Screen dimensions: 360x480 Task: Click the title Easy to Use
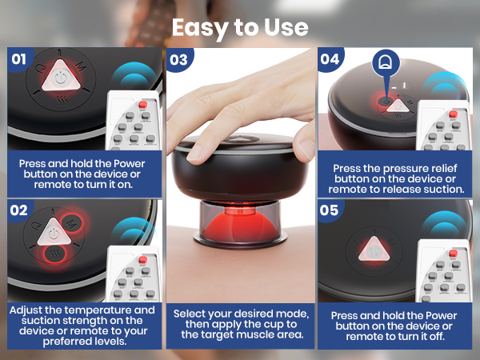click(x=240, y=26)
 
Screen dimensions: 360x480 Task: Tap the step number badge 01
click(x=18, y=59)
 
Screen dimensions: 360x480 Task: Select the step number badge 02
click(x=18, y=210)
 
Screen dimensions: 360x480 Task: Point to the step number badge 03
click(x=179, y=59)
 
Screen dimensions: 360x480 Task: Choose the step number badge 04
click(x=330, y=59)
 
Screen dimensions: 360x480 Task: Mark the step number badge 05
click(x=330, y=210)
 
